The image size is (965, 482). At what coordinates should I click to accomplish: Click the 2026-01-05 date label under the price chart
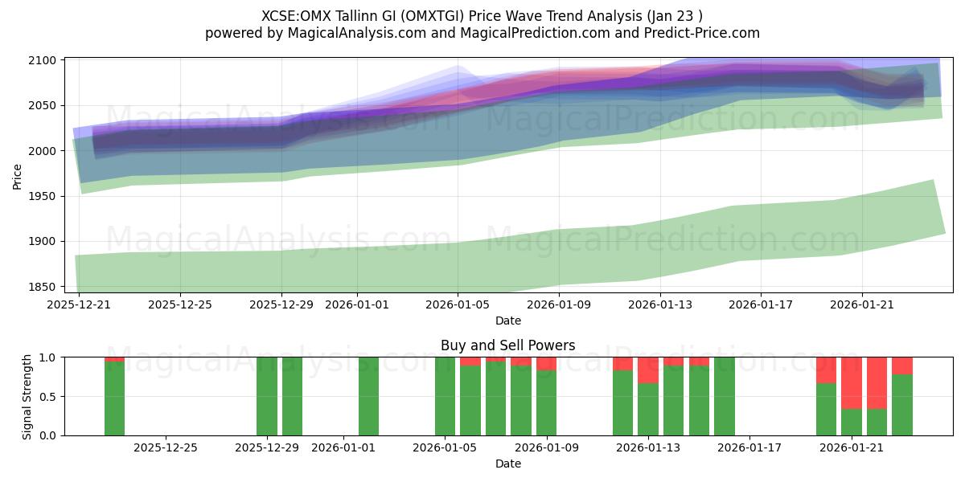coord(458,305)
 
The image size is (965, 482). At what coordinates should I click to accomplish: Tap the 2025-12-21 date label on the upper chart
coord(79,305)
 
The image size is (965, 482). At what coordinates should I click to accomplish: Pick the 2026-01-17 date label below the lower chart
coord(749,448)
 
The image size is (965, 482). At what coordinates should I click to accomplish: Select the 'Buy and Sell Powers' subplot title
coord(507,345)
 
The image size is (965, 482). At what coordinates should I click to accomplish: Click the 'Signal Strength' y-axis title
coord(27,396)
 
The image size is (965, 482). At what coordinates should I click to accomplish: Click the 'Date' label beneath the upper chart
coord(507,321)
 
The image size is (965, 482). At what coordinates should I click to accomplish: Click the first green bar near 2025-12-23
coord(115,398)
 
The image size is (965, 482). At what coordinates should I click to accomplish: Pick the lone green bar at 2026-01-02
coord(368,396)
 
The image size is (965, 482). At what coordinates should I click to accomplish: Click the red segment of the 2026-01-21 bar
coord(852,382)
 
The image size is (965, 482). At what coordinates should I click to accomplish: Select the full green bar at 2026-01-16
coord(724,396)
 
